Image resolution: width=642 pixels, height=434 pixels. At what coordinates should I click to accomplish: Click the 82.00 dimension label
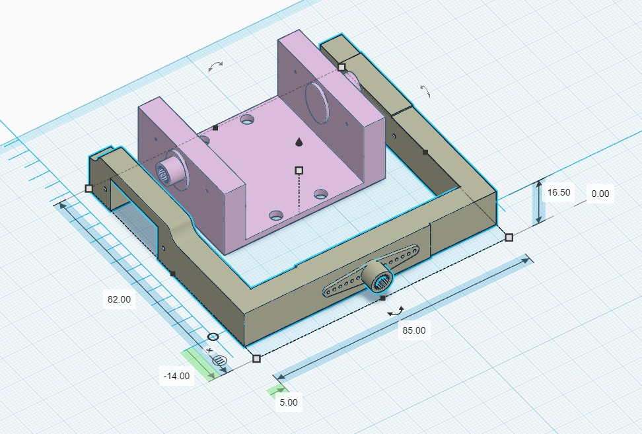[119, 299]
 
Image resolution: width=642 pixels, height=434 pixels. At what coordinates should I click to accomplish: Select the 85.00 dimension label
[414, 330]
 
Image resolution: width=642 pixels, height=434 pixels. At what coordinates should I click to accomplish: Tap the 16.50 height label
[559, 192]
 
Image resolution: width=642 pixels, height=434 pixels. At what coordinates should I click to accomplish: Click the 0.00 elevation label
[600, 194]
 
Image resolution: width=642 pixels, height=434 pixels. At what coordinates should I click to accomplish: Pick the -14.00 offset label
[176, 376]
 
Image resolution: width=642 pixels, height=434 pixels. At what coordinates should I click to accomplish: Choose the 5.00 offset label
[289, 402]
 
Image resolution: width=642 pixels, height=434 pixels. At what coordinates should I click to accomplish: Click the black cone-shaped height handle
[299, 141]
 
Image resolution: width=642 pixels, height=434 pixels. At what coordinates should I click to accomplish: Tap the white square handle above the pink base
[299, 170]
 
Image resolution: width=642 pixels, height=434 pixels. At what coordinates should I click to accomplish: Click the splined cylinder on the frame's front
[378, 277]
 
